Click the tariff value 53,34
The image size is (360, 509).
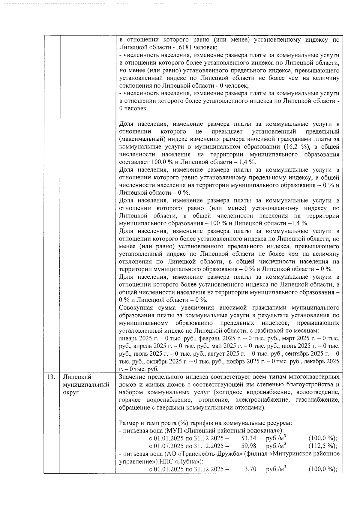pos(248,438)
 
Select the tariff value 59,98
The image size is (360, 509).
pos(248,446)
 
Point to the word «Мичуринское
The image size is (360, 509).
pos(290,454)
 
